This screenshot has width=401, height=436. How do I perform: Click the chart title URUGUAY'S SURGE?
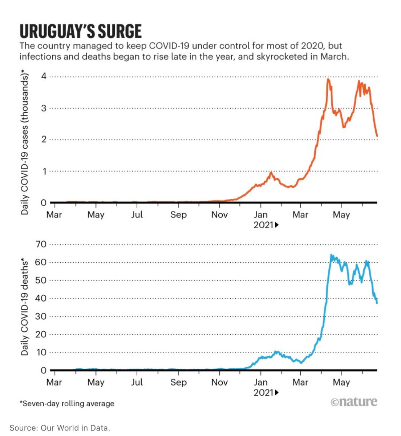(80, 32)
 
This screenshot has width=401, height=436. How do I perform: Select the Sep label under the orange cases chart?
(178, 215)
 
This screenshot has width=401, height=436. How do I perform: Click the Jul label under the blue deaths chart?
(137, 382)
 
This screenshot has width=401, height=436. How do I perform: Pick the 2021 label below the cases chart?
(263, 225)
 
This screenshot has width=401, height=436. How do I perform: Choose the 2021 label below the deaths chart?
(263, 392)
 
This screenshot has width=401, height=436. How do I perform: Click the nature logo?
(354, 401)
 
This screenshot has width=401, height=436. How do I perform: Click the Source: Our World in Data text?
(60, 428)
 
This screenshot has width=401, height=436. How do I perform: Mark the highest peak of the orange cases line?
(328, 79)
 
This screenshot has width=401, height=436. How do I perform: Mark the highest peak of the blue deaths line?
(331, 255)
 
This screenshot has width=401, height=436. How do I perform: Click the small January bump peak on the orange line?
(271, 173)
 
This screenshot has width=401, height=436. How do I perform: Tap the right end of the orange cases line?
(377, 136)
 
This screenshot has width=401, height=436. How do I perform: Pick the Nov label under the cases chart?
(219, 215)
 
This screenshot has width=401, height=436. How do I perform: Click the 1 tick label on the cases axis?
(44, 171)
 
